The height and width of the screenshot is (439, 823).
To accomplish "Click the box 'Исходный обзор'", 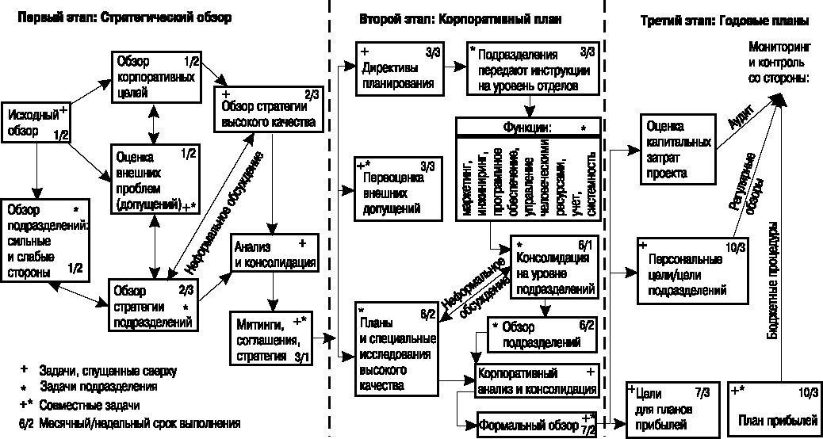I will pyautogui.click(x=36, y=123).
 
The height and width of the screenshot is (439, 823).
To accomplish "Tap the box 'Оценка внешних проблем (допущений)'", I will pyautogui.click(x=151, y=179).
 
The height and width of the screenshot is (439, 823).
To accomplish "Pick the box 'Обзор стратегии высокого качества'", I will pyautogui.click(x=269, y=110).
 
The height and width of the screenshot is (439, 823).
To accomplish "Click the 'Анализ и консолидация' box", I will pyautogui.click(x=274, y=254).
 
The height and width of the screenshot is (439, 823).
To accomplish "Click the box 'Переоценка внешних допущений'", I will pyautogui.click(x=399, y=188).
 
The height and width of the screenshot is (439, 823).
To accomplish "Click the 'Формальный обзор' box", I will pyautogui.click(x=536, y=426).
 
